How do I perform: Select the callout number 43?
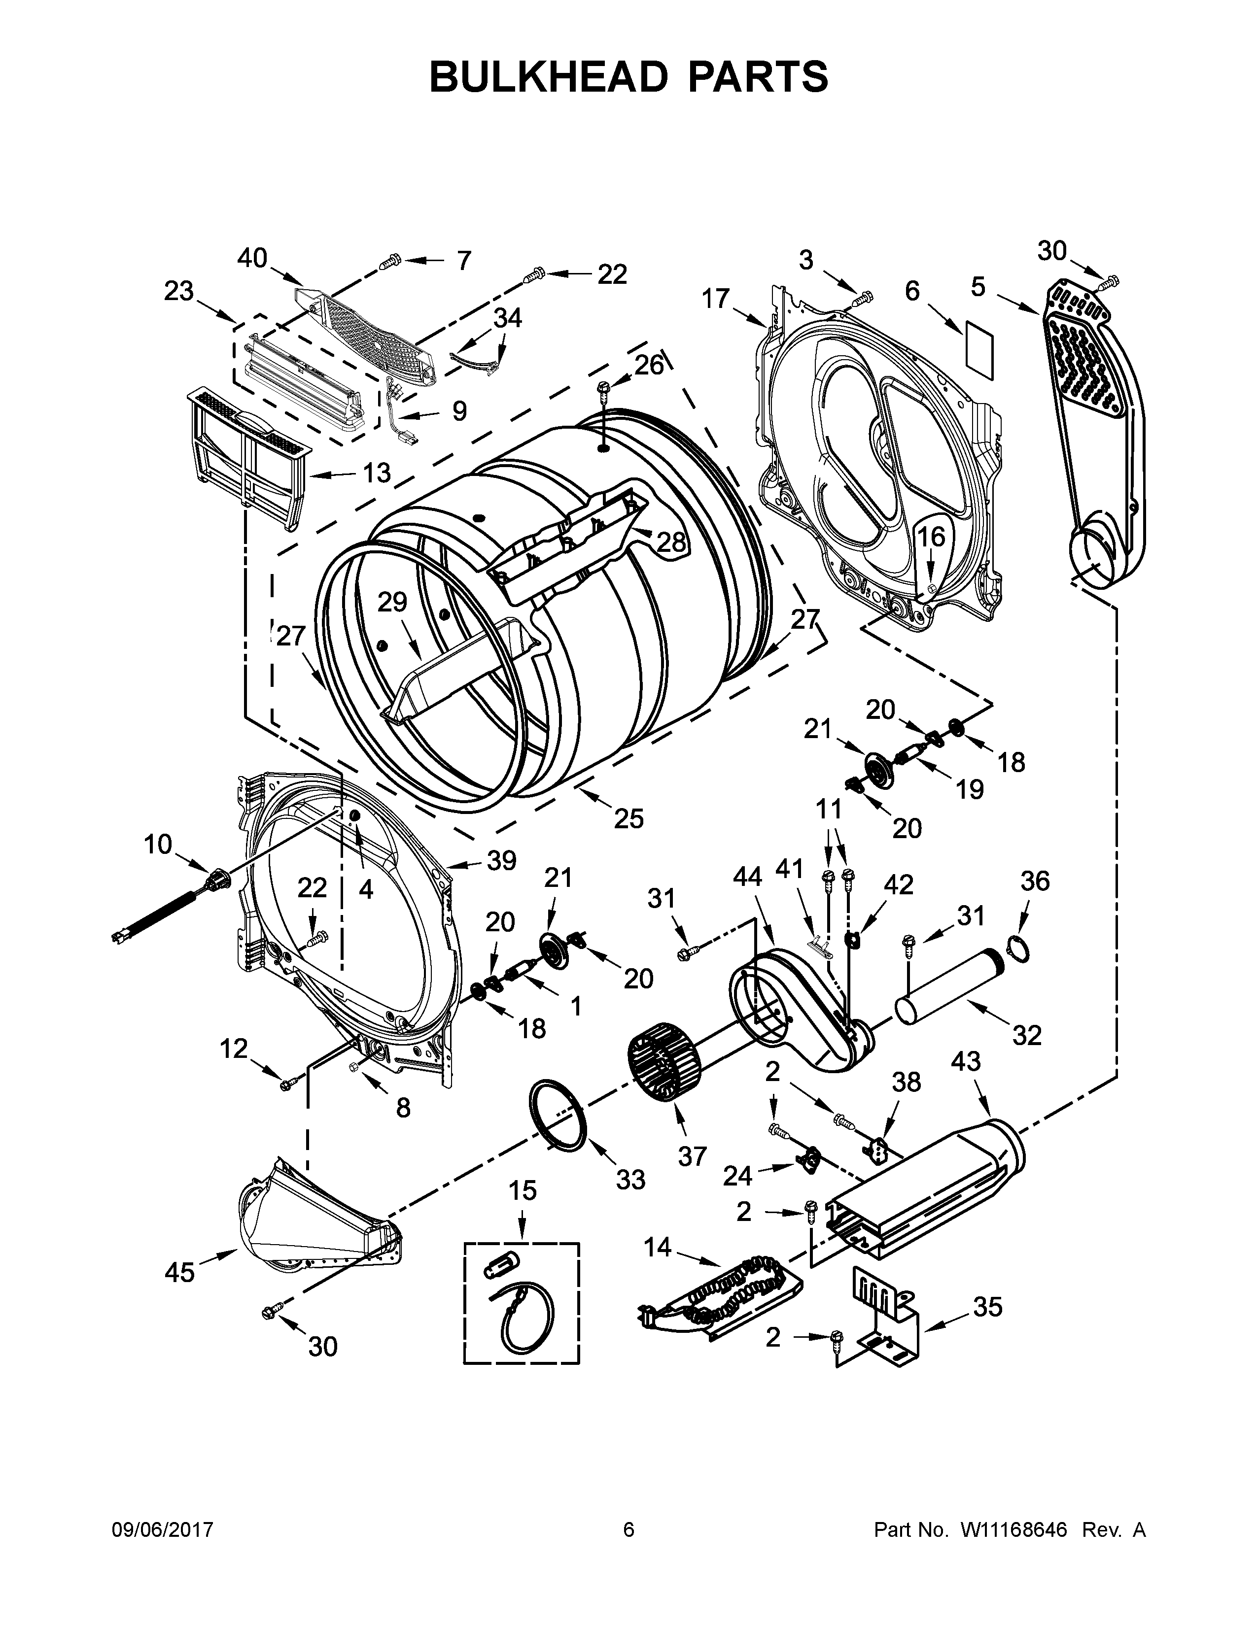click(966, 1061)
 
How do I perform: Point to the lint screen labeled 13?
click(246, 454)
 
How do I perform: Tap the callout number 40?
click(252, 258)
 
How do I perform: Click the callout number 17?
click(716, 299)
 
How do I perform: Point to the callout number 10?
click(158, 844)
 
